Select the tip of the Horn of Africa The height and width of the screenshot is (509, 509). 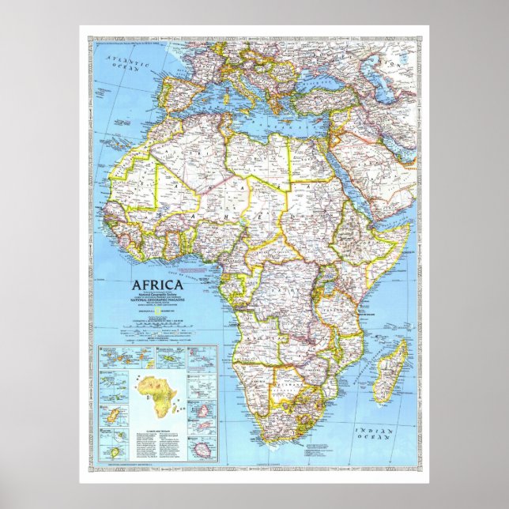[412, 224]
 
